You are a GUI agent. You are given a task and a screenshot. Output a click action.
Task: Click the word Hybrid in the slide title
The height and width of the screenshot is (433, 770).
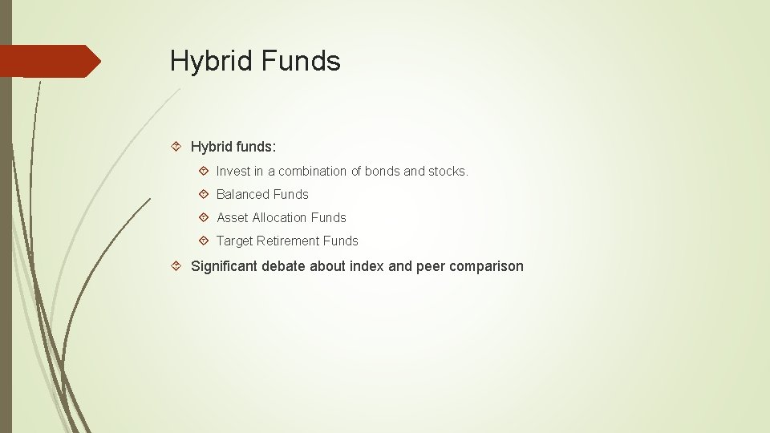209,61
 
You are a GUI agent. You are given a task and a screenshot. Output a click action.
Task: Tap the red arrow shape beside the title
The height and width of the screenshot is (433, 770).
51,61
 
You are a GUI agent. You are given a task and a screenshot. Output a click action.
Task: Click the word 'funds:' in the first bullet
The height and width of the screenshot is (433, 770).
254,147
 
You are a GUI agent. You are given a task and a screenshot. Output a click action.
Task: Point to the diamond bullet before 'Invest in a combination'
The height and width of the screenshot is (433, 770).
204,171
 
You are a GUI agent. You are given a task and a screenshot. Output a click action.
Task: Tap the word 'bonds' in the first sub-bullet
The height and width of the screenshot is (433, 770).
383,171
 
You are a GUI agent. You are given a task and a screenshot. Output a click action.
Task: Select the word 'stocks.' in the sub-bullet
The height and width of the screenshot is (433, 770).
448,171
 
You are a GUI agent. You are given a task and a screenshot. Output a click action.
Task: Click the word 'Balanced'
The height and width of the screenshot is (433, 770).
243,194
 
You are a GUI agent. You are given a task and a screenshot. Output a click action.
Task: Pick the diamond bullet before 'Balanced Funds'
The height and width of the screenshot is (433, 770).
204,194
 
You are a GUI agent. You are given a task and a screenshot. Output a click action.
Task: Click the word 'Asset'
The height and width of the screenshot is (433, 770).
233,217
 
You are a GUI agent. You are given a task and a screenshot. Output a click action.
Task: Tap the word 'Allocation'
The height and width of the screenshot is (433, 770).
280,217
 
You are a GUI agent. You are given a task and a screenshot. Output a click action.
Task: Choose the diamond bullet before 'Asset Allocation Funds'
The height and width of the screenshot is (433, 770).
204,217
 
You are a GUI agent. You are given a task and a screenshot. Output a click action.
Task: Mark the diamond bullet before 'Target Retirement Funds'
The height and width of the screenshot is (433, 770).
204,241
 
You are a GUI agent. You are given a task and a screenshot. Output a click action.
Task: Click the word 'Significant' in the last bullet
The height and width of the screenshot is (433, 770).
224,266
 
